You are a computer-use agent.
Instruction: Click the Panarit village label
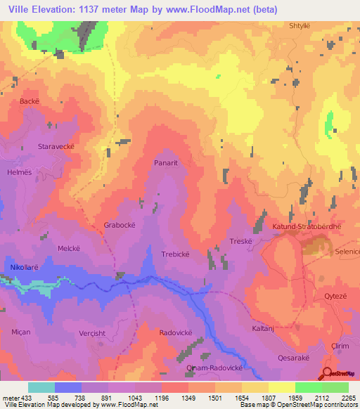click(168, 162)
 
